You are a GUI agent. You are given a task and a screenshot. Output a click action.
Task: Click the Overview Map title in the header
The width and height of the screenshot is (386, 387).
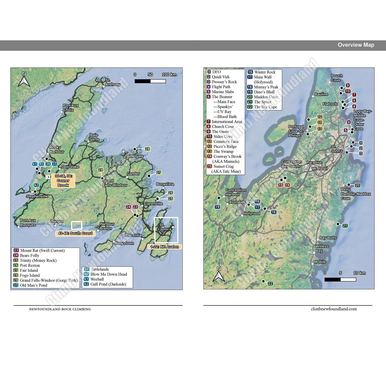click(356, 45)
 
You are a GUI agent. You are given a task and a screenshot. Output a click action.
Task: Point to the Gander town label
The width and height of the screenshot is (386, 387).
click(133, 174)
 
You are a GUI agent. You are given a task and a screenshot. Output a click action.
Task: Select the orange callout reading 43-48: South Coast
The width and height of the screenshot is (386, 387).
click(75, 233)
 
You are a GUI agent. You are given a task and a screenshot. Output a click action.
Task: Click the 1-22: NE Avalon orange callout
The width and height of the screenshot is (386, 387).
click(165, 247)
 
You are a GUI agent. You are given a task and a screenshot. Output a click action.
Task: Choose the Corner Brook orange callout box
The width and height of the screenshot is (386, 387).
click(63, 181)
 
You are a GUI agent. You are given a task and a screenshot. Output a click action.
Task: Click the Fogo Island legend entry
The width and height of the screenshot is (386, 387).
click(30, 275)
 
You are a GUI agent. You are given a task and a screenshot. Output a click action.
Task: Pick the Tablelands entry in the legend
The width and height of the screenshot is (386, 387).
click(100, 269)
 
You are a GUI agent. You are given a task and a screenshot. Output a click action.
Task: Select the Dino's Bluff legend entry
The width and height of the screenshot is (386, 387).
click(264, 92)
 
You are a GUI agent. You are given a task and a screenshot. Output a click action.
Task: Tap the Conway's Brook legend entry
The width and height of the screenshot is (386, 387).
click(227, 157)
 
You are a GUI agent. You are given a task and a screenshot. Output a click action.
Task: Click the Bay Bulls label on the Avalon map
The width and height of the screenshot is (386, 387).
click(328, 238)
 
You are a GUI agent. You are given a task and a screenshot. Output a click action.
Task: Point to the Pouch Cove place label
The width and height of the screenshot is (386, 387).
click(337, 78)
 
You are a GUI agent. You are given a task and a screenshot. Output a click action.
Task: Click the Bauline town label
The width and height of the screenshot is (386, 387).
click(321, 94)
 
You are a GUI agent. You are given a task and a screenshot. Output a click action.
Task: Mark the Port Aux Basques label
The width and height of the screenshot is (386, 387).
click(28, 222)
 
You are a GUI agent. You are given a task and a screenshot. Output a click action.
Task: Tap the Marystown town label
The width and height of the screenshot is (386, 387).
click(124, 243)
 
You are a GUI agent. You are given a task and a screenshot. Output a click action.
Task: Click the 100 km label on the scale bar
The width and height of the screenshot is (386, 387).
click(169, 75)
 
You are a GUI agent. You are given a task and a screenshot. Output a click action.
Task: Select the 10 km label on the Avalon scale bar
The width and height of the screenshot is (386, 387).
click(360, 273)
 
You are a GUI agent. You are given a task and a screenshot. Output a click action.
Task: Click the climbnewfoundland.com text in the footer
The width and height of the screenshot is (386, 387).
click(334, 309)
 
